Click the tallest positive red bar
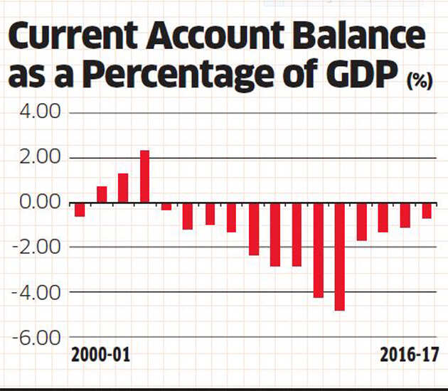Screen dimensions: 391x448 coord(145,177)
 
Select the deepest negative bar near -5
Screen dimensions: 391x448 coord(340,257)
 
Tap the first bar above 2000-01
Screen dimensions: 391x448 coord(80,210)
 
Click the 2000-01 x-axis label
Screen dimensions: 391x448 coord(100,355)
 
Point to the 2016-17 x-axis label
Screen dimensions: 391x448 coord(409,355)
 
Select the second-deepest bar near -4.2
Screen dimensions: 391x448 coord(319,250)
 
